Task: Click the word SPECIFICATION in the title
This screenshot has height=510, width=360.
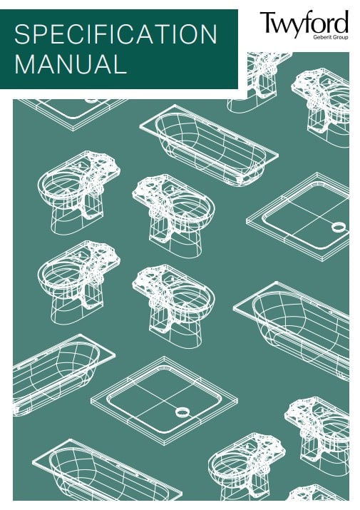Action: coord(115,34)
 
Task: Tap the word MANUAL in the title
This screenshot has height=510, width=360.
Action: coord(71,64)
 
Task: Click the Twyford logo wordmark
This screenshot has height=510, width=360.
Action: coord(304,23)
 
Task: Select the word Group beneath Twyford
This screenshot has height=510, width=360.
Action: coord(341,37)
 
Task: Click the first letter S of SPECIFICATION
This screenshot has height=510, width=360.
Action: coord(22,34)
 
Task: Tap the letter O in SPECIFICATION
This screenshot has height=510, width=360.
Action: coord(184,34)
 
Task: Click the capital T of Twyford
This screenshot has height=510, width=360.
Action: coord(267,22)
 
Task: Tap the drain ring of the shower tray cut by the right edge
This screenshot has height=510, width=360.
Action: coord(339,227)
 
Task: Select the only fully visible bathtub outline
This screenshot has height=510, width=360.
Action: coord(209,145)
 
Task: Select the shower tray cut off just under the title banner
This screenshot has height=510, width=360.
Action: coord(73,112)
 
